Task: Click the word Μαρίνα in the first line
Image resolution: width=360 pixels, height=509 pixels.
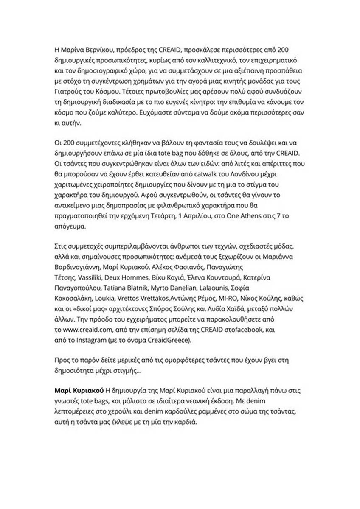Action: click(72, 50)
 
